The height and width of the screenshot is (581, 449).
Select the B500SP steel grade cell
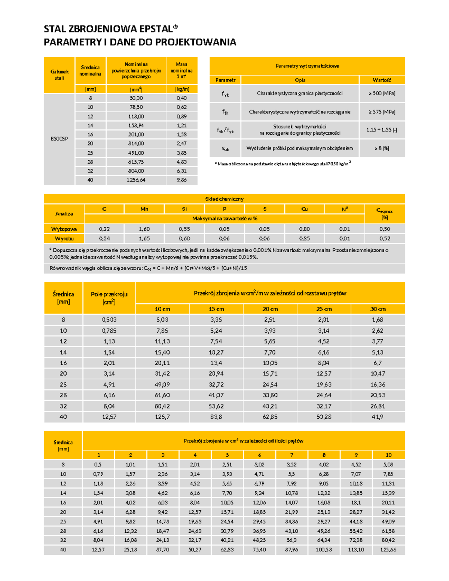pyautogui.click(x=59, y=139)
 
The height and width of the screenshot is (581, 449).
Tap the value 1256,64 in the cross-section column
pyautogui.click(x=136, y=180)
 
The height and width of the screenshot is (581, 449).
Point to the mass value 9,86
pyautogui.click(x=181, y=180)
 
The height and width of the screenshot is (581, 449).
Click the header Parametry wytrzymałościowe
pyautogui.click(x=307, y=66)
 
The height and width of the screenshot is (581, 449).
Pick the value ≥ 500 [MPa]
pyautogui.click(x=382, y=93)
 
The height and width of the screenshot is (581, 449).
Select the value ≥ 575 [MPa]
pyautogui.click(x=382, y=111)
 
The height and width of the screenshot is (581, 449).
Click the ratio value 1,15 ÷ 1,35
pyautogui.click(x=382, y=130)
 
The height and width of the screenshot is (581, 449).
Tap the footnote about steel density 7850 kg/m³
pyautogui.click(x=284, y=163)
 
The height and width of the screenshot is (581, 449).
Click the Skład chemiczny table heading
pyautogui.click(x=224, y=199)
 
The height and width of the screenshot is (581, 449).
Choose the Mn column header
pyautogui.click(x=144, y=209)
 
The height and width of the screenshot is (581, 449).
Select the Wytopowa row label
pyautogui.click(x=64, y=229)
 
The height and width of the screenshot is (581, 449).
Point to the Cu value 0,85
pyautogui.click(x=305, y=238)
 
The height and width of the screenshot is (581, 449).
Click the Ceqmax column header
pyautogui.click(x=384, y=214)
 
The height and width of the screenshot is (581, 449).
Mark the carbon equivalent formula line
pyautogui.click(x=148, y=268)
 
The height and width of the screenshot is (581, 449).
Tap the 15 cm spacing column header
pyautogui.click(x=216, y=309)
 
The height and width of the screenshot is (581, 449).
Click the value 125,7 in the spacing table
pyautogui.click(x=162, y=417)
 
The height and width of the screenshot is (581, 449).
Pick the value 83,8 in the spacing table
pyautogui.click(x=216, y=417)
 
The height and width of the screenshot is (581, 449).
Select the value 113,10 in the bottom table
pyautogui.click(x=356, y=550)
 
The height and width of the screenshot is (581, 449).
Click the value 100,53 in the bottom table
pyautogui.click(x=324, y=550)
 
